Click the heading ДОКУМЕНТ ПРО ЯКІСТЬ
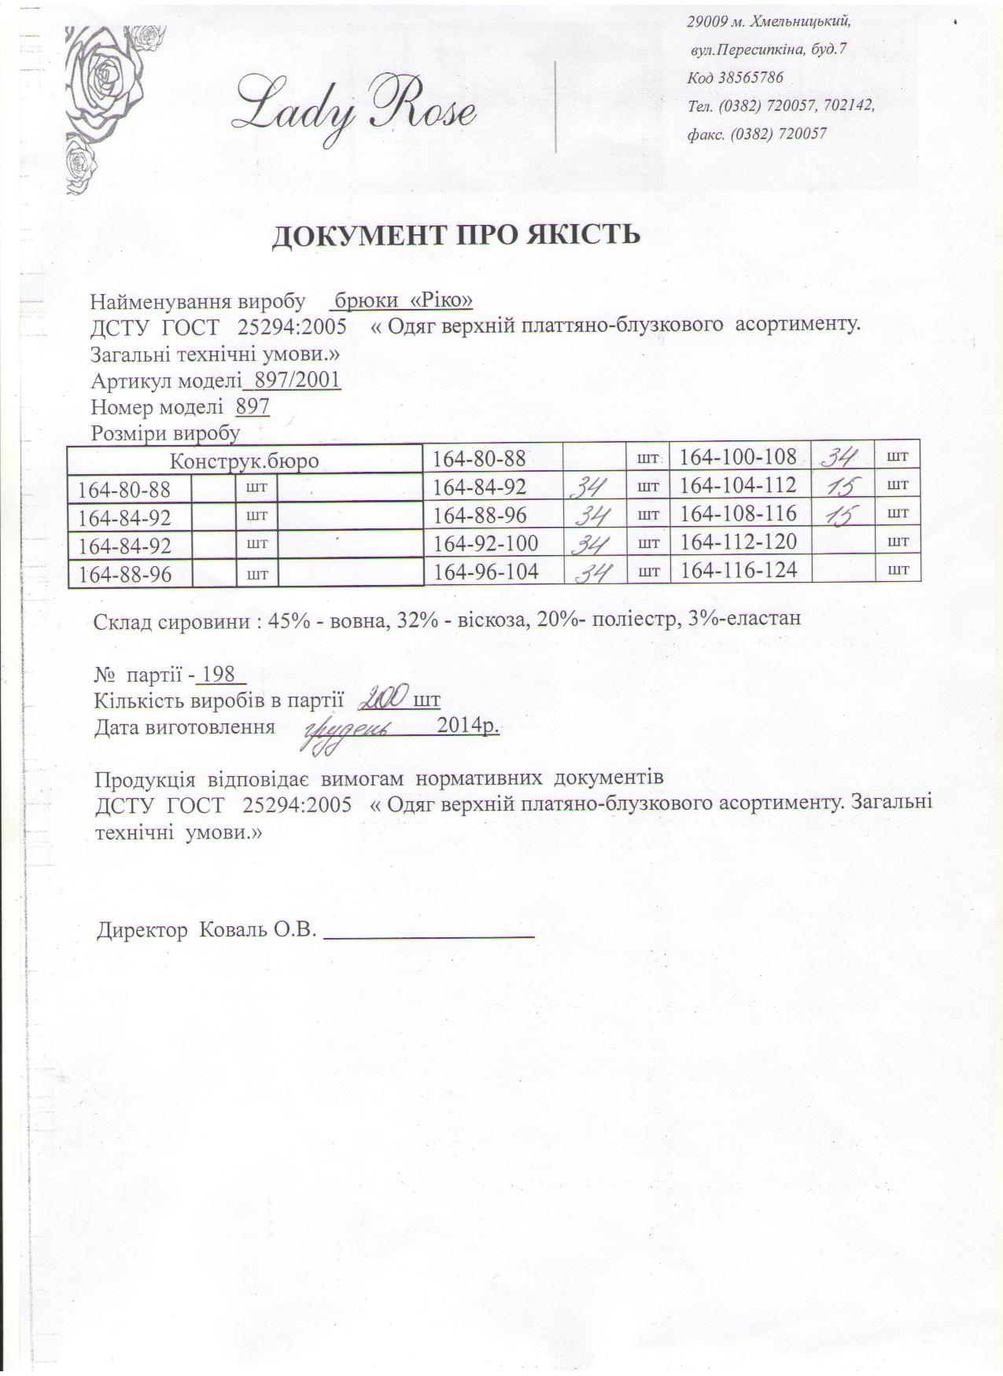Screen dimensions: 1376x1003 pos(455,234)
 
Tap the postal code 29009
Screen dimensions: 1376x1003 pos(706,21)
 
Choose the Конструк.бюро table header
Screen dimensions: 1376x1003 pos(245,461)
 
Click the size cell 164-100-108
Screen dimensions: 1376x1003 pos(738,457)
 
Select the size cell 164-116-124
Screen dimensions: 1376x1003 pos(739,570)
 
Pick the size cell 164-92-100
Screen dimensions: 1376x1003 pos(485,543)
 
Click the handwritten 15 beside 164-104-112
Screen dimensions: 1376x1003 pos(843,485)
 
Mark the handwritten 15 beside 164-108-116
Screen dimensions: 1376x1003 pos(843,513)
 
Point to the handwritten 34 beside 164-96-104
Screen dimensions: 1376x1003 pos(594,572)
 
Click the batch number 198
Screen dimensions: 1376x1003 pos(219,674)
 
